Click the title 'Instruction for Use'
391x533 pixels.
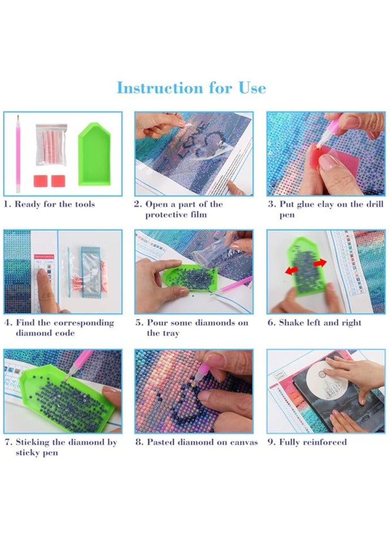click(x=191, y=88)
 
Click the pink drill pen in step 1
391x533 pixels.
click(x=16, y=153)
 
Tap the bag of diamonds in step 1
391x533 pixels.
click(x=51, y=144)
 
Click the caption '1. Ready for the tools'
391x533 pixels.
click(x=49, y=204)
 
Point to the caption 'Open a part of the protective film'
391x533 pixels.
click(x=178, y=209)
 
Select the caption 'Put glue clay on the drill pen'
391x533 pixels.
click(x=325, y=209)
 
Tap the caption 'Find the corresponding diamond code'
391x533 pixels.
click(x=59, y=328)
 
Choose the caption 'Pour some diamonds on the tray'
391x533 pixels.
click(x=192, y=328)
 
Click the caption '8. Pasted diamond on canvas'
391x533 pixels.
click(x=196, y=442)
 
